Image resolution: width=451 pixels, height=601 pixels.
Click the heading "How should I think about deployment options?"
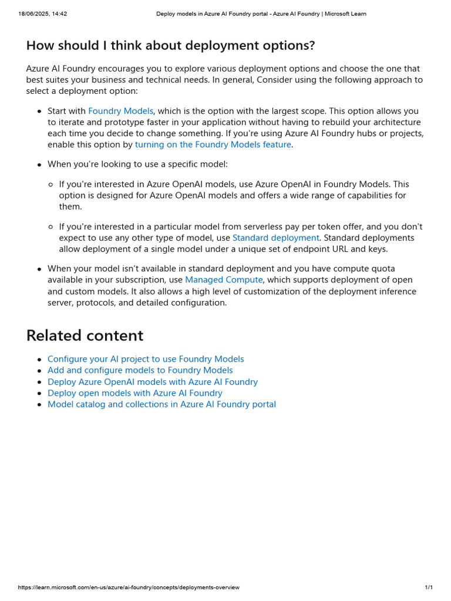click(170, 46)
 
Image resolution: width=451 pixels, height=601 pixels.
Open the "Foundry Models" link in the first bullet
click(120, 111)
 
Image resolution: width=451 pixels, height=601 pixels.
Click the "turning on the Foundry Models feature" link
click(213, 144)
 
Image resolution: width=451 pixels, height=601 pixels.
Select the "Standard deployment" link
click(275, 238)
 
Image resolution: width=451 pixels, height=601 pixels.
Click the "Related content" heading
click(85, 335)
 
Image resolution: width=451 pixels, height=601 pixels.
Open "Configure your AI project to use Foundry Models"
click(146, 359)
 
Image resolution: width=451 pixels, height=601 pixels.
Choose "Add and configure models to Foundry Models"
click(140, 370)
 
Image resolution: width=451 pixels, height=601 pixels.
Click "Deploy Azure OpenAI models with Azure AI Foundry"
click(152, 382)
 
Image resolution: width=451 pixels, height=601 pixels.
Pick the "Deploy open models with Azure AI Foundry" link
click(134, 393)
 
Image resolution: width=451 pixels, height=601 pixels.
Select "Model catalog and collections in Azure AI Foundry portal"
click(161, 404)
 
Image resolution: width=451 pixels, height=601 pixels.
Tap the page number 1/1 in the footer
click(429, 588)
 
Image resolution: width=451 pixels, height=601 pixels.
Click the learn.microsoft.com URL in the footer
click(129, 588)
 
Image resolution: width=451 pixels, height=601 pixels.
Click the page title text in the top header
click(261, 13)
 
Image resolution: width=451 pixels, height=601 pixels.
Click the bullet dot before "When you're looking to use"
click(39, 165)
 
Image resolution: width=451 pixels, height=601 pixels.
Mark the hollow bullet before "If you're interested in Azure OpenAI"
click(51, 185)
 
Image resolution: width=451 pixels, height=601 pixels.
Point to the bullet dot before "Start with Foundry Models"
click(39, 112)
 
